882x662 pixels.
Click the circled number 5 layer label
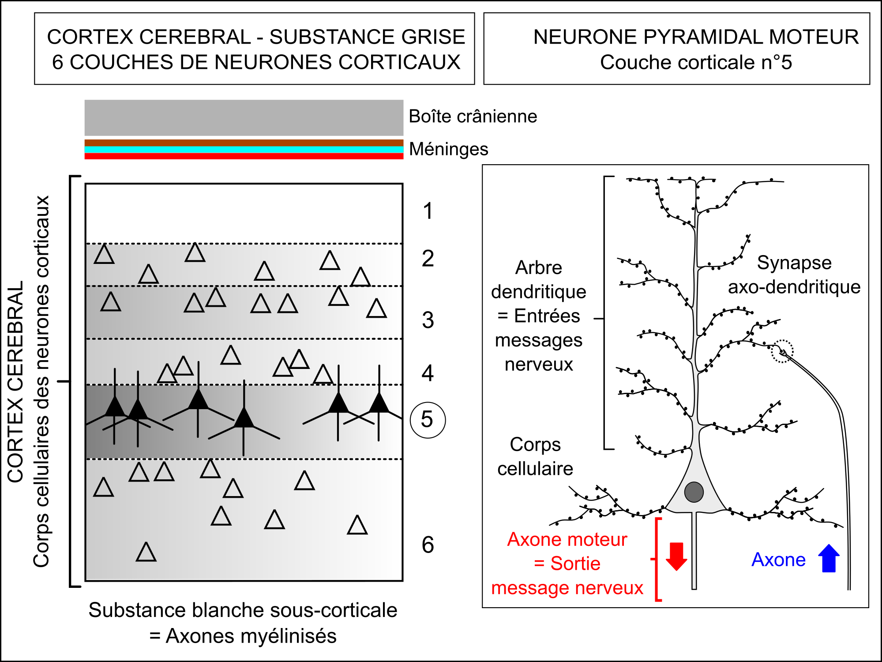click(428, 420)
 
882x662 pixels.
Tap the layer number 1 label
click(428, 211)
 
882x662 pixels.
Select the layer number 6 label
click(428, 545)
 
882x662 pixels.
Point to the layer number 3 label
click(428, 320)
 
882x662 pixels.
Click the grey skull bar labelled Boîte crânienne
click(244, 117)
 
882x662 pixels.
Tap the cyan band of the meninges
click(244, 150)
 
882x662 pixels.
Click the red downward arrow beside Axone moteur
click(676, 557)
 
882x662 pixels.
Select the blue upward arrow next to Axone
click(829, 558)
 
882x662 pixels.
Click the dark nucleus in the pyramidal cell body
click(694, 492)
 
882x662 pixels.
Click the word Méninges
click(449, 149)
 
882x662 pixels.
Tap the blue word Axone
click(778, 560)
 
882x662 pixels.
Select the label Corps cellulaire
click(535, 456)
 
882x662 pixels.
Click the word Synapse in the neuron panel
click(794, 263)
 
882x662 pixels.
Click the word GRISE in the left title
click(433, 37)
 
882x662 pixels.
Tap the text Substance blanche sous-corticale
click(243, 610)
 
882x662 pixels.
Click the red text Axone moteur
click(567, 539)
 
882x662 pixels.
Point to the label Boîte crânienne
click(473, 117)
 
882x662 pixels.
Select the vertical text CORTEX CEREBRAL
click(15, 382)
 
